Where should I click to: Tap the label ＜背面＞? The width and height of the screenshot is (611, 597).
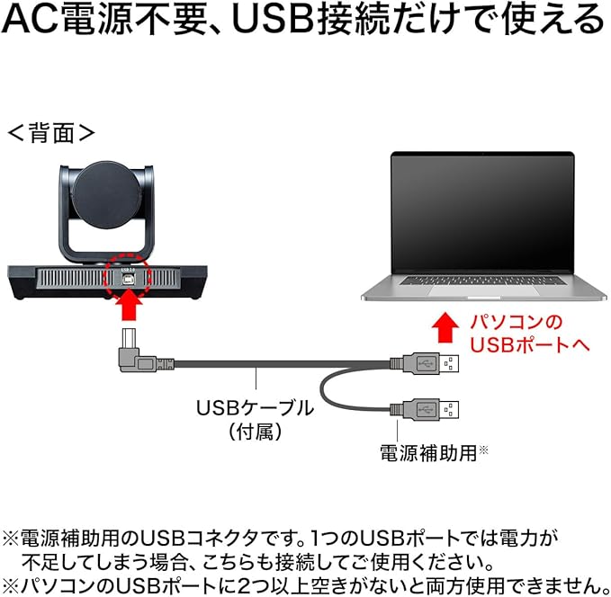pos(51,133)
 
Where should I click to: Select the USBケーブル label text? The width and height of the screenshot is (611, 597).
pos(256,407)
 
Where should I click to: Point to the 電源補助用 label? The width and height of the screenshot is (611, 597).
pos(427,451)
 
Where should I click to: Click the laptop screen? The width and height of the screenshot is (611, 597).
pos(482,212)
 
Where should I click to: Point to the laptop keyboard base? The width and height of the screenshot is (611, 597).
pos(482,290)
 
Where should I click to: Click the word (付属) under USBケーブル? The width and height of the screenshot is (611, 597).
pos(256,432)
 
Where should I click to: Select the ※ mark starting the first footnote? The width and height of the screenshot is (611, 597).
pos(10,537)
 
